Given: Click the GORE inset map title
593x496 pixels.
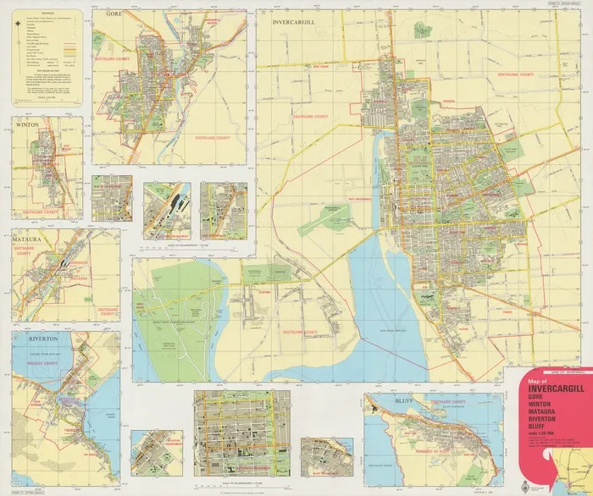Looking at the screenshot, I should [112, 15].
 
